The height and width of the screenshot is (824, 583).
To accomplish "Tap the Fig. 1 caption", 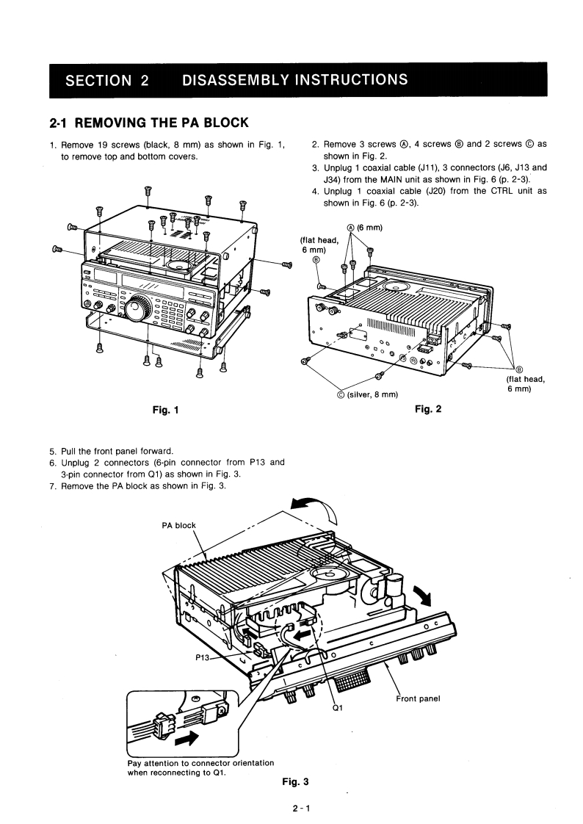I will click(162, 409).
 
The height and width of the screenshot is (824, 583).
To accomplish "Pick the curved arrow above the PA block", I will click(313, 507).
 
